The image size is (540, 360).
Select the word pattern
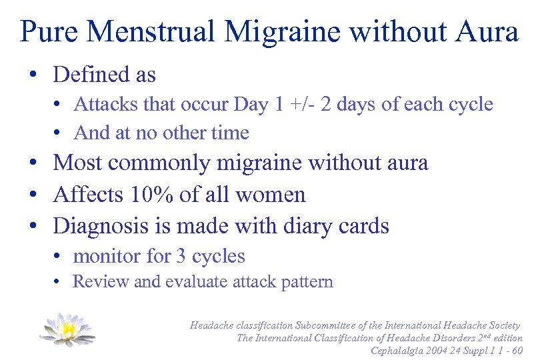[304, 282]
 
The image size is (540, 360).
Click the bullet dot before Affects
[32, 195]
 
